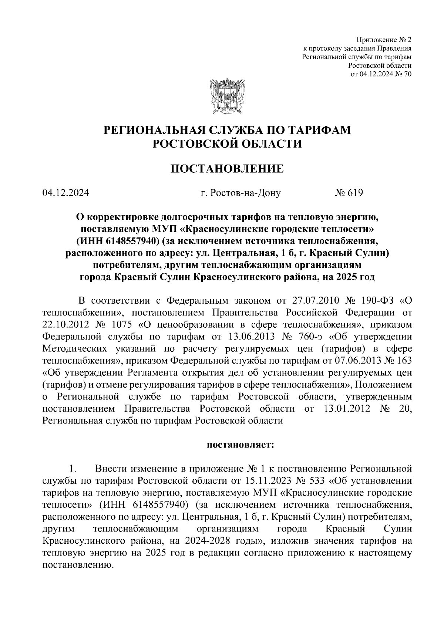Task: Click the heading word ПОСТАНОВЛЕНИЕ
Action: pyautogui.click(x=227, y=169)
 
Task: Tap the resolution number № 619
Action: pyautogui.click(x=349, y=193)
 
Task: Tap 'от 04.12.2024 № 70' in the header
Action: pyautogui.click(x=381, y=74)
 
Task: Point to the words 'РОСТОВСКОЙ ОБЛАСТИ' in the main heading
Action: pyautogui.click(x=227, y=144)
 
